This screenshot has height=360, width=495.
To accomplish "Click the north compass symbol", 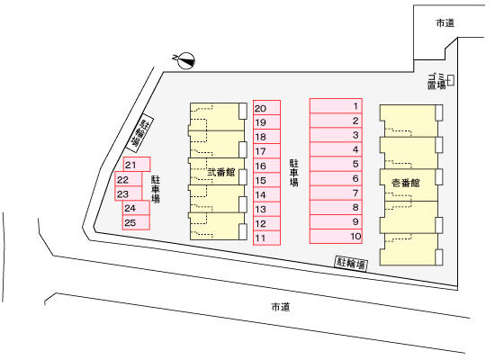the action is click(x=186, y=60).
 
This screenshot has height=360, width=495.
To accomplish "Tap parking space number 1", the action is click(x=336, y=106).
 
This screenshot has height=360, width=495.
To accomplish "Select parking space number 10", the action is click(x=336, y=237).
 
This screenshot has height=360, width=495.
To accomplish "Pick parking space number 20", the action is click(x=266, y=108).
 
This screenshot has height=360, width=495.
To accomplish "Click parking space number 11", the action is click(x=266, y=238).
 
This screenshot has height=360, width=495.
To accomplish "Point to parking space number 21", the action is click(x=137, y=165).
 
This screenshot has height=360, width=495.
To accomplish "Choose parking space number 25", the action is click(x=136, y=222).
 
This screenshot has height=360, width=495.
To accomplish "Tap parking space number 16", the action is click(x=266, y=166).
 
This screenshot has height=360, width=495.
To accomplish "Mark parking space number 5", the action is click(x=336, y=164).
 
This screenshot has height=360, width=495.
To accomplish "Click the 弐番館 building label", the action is click(x=221, y=172).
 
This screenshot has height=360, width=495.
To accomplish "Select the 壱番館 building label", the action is click(x=406, y=183).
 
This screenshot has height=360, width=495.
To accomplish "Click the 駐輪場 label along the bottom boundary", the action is click(x=351, y=263).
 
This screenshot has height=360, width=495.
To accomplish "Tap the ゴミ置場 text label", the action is click(x=436, y=81).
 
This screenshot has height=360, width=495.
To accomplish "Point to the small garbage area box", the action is click(x=451, y=80).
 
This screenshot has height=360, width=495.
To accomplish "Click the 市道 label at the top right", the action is click(x=445, y=22).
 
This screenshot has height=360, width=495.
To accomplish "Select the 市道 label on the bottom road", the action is click(x=281, y=307).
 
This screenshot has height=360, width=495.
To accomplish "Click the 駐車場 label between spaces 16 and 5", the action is click(x=294, y=173).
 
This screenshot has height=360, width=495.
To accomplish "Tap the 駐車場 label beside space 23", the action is click(x=156, y=189).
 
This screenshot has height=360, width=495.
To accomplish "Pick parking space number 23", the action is click(x=128, y=193).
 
